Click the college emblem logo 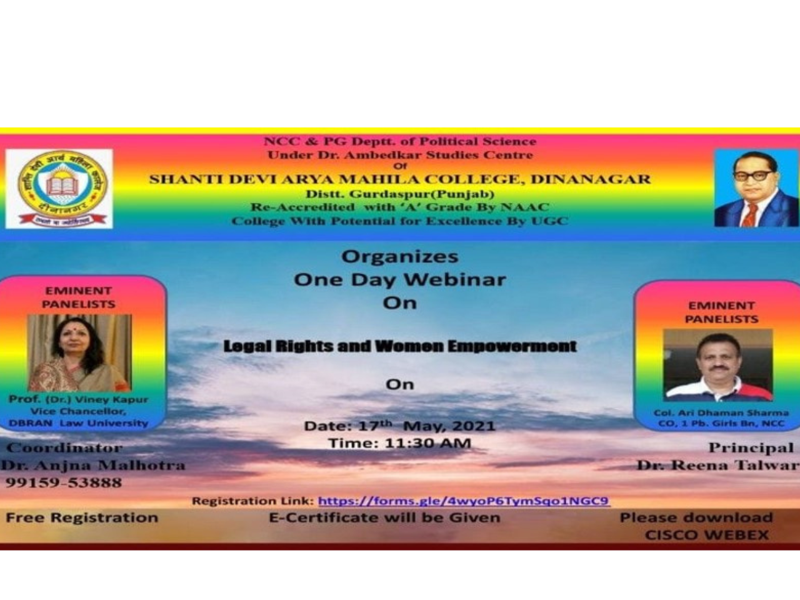[60, 188]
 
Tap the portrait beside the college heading [756, 188]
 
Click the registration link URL [463, 501]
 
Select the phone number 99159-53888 [64, 482]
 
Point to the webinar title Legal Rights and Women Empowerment [400, 346]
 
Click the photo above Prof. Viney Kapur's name [79, 353]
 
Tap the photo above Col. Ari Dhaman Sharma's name [717, 365]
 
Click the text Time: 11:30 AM [400, 443]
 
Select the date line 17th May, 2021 [400, 426]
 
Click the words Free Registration [82, 517]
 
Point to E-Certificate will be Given [384, 517]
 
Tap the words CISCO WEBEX [707, 535]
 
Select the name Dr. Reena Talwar [717, 465]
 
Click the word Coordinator [64, 447]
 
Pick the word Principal [751, 447]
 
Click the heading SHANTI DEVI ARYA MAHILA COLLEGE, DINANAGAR [400, 179]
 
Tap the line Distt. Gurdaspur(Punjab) [400, 194]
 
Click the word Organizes [400, 256]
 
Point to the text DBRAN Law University [79, 423]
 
